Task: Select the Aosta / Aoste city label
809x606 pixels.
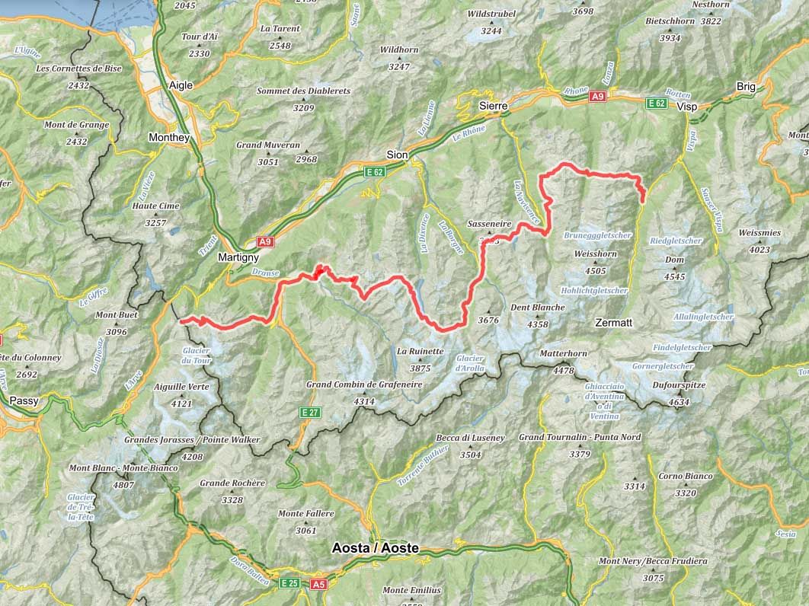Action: pos(375,548)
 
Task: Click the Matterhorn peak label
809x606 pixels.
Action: pos(563,354)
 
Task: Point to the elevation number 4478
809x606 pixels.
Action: pos(563,370)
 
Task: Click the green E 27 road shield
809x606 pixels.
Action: pos(309,413)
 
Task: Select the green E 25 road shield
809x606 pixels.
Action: pos(289,584)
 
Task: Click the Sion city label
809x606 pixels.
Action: pos(397,155)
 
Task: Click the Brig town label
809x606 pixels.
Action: pos(746,87)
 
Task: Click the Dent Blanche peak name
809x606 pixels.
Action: pos(537,308)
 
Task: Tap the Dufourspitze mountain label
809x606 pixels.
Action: pos(679,385)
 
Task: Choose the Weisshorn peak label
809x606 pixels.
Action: pos(590,254)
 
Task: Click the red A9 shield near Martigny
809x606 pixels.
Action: pos(264,242)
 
